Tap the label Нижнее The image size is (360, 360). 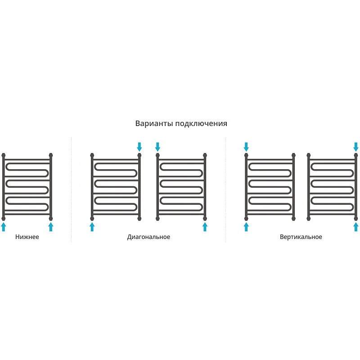[27, 237]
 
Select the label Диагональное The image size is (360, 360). [148, 237]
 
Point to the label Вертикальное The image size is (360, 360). [301, 237]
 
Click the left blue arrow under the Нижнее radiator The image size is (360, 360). [4, 227]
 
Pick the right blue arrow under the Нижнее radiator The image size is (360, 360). [51, 227]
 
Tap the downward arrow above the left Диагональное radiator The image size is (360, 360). [139, 147]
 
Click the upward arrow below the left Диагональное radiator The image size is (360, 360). [92, 227]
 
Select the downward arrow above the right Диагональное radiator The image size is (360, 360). [157, 147]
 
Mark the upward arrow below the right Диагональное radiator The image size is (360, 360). [205, 227]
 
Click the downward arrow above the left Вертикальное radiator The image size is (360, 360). [246, 147]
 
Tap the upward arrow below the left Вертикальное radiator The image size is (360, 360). [246, 227]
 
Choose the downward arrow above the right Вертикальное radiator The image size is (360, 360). [356, 147]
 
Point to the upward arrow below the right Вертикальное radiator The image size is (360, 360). [356, 227]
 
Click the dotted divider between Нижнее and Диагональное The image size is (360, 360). [72, 189]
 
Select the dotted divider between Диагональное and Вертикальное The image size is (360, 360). [225, 189]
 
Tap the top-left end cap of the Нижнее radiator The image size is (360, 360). [4, 155]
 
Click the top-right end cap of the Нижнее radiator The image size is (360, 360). [51, 155]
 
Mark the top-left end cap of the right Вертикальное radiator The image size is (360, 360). [309, 155]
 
